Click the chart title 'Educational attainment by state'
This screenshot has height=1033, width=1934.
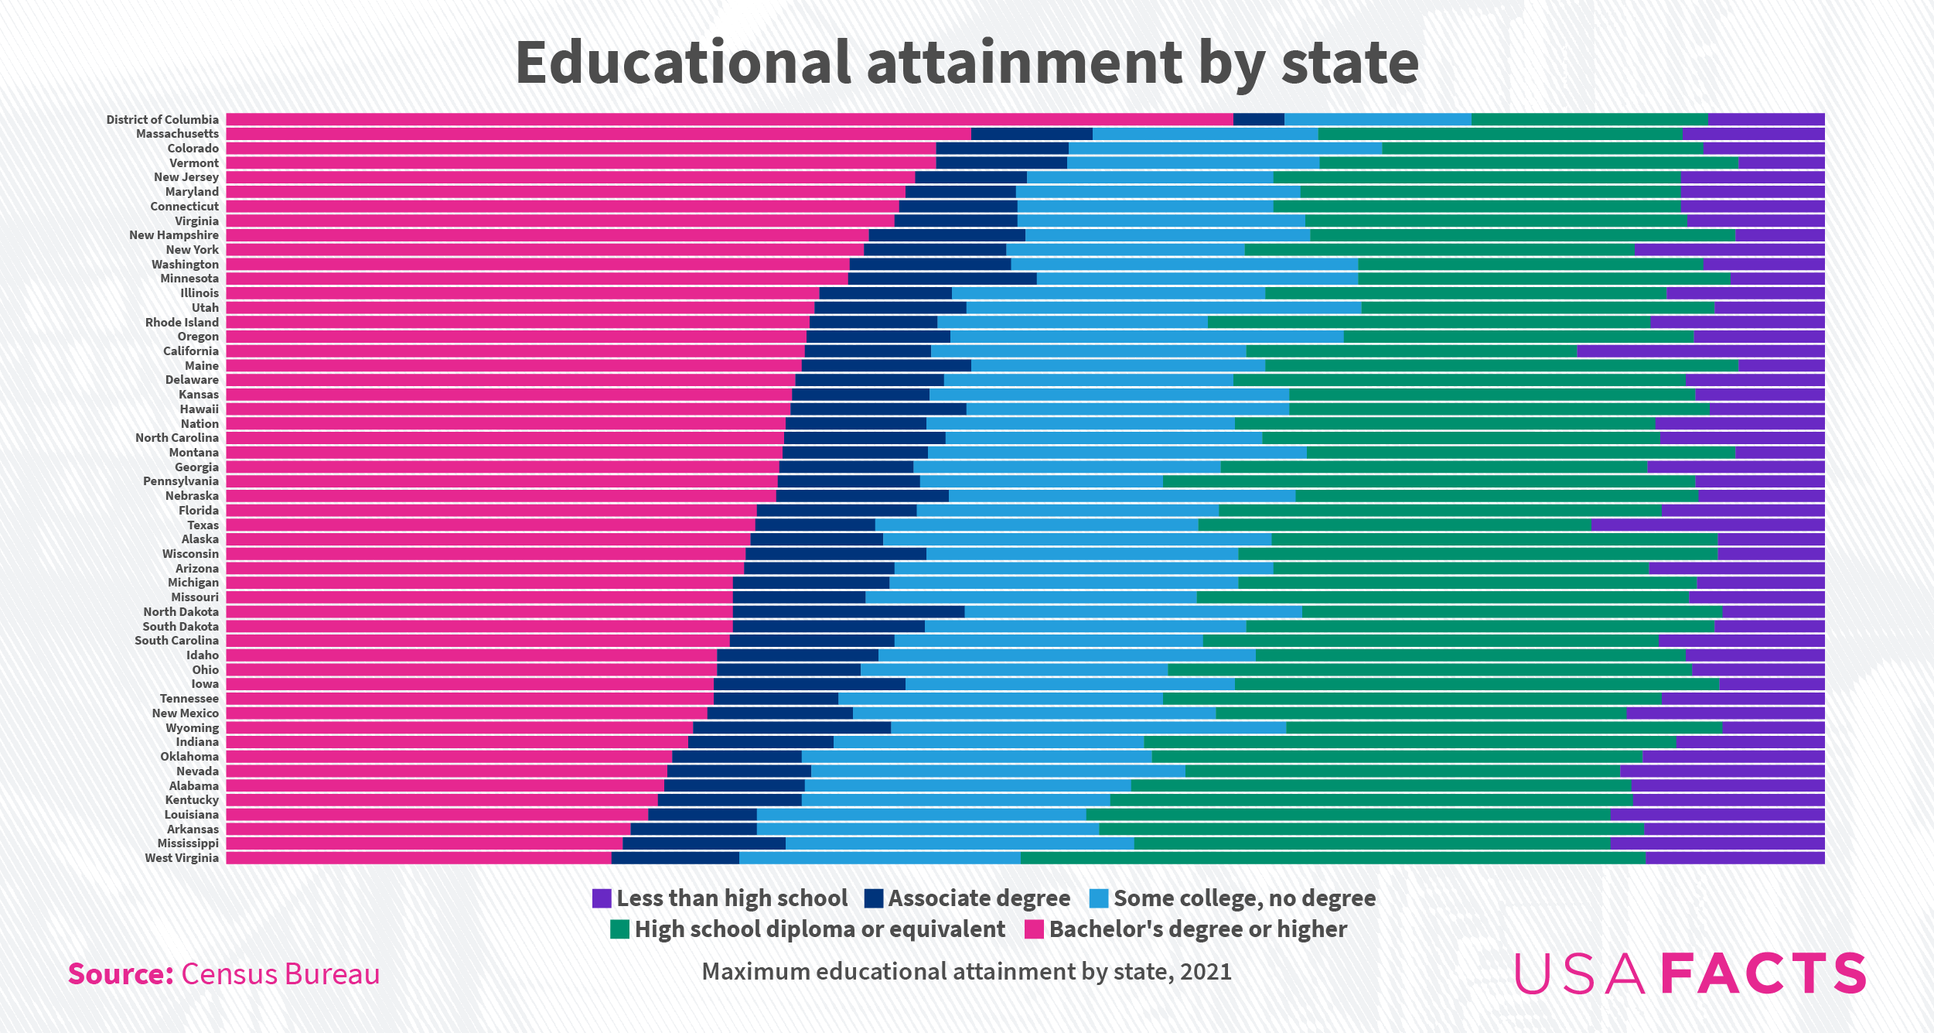967,63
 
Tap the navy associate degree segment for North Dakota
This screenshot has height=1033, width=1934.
848,612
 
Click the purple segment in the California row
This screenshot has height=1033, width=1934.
1700,351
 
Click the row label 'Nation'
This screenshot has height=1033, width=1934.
200,424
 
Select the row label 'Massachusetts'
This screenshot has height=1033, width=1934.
177,134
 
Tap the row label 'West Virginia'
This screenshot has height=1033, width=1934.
182,858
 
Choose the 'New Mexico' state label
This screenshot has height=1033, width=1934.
185,713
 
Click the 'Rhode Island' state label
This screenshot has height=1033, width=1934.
182,323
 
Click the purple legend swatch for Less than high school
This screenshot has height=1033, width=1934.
602,898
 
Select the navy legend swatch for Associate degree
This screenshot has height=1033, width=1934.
874,898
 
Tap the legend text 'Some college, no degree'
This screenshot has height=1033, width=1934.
1244,898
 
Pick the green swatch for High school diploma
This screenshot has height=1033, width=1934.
619,929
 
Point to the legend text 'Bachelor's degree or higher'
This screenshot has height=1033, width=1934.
1198,929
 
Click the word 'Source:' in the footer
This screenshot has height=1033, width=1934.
121,974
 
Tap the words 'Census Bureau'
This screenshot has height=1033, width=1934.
280,974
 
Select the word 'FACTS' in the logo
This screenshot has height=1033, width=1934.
1764,973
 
